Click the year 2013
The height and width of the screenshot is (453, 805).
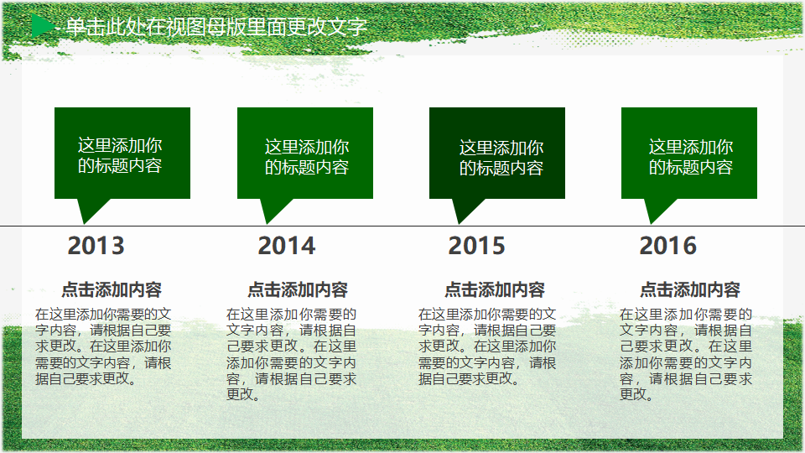(x=96, y=246)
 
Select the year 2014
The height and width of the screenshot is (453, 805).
(x=287, y=246)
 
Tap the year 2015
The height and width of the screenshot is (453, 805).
(x=477, y=246)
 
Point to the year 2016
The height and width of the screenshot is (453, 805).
(x=668, y=246)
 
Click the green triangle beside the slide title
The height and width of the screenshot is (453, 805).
(x=42, y=26)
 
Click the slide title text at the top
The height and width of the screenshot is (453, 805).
(x=216, y=27)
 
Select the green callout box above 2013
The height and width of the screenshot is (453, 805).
(x=122, y=153)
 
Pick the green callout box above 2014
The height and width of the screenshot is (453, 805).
(x=305, y=153)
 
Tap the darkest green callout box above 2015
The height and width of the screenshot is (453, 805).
(x=497, y=153)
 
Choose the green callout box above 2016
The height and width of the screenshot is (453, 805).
(x=689, y=153)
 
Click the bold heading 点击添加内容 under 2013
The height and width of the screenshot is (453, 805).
(x=112, y=289)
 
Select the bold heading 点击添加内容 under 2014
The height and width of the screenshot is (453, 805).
(x=298, y=289)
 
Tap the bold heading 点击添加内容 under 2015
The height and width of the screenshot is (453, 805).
(x=495, y=289)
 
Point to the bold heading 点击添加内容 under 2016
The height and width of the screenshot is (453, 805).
(x=690, y=289)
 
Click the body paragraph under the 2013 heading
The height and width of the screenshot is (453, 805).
(x=103, y=346)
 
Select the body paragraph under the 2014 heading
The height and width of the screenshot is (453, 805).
(x=292, y=354)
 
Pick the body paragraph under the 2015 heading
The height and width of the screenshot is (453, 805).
(x=487, y=346)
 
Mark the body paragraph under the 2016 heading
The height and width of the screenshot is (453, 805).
(x=686, y=354)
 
